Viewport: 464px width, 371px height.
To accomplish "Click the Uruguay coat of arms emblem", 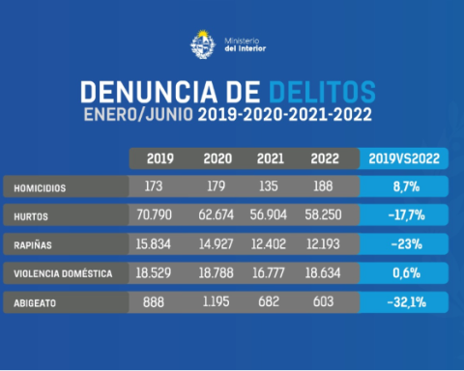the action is coord(203,44).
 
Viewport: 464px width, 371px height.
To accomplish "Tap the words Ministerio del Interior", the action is coord(245,44).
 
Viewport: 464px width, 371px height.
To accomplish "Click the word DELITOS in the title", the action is coord(322,92).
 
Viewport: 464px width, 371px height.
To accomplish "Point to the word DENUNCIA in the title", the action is coord(149,92).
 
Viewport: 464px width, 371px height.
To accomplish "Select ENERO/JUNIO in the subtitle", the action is coord(138,114).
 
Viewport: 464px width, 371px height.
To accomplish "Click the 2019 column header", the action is coord(160,158).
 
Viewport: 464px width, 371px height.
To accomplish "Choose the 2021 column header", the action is coord(271,158).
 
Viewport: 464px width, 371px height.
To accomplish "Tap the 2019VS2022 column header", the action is coord(404,158).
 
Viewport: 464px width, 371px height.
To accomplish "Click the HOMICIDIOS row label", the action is coord(40,188).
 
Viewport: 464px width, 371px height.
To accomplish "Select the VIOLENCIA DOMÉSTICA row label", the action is coord(63,273).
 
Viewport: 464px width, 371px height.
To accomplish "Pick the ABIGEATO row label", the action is coord(35,303).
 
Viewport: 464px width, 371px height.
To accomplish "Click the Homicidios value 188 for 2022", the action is coord(323,186).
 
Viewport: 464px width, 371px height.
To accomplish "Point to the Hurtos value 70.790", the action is coord(154,214).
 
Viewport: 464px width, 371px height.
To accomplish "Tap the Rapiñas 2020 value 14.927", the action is coord(216,244).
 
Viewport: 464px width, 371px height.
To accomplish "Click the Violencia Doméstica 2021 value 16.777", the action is coord(268,273).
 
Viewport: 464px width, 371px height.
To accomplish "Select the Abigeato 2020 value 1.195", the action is coord(216,301).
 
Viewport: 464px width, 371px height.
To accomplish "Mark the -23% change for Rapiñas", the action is coord(407,244).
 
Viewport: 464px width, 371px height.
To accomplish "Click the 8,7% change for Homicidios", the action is coord(406,186).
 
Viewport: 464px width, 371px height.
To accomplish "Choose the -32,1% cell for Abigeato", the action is coord(407,302).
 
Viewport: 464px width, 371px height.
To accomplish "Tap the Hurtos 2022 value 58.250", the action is coord(323,214).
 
